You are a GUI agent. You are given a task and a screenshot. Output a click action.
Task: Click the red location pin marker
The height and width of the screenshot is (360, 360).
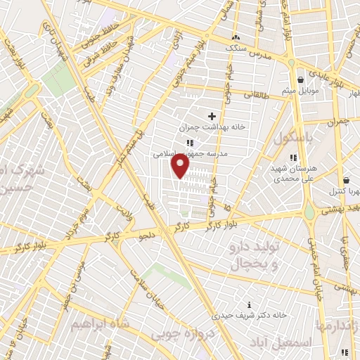[181, 166]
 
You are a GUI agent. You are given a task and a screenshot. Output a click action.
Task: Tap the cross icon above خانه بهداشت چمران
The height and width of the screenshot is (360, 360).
[212, 115]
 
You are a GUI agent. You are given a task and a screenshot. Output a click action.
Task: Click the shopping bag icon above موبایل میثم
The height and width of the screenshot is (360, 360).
[300, 79]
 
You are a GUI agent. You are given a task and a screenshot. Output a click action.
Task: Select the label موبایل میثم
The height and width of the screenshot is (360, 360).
[301, 91]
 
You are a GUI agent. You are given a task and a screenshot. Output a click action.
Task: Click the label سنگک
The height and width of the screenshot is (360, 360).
[236, 49]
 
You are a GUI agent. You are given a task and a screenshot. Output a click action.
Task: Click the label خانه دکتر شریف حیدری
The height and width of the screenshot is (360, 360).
[242, 316]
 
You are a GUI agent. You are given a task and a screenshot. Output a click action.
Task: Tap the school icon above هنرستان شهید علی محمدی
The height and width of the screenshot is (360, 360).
[293, 157]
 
